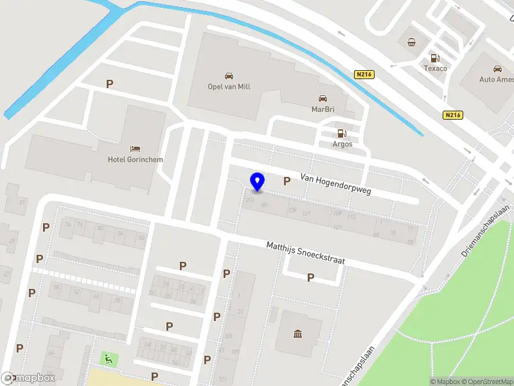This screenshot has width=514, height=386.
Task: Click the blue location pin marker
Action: [257, 182]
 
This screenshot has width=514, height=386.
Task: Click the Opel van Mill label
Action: [229, 87]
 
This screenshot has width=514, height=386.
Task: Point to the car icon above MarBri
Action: [323, 98]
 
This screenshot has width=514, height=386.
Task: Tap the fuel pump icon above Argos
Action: [342, 134]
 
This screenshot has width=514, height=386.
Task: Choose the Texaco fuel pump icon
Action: [435, 57]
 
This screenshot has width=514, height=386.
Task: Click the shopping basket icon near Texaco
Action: [411, 43]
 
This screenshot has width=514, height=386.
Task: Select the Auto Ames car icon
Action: [497, 69]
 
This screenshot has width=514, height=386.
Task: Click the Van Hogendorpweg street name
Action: [336, 183]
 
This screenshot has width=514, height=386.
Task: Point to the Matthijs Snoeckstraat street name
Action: [306, 252]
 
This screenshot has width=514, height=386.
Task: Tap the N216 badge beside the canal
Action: [364, 75]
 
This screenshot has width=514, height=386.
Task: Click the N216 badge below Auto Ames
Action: [453, 115]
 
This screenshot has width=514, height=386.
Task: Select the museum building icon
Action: [298, 333]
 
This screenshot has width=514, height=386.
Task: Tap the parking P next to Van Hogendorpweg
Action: [287, 181]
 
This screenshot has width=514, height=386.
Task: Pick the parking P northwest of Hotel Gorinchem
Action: [110, 84]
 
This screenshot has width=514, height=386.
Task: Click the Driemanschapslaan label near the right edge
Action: [486, 232]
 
